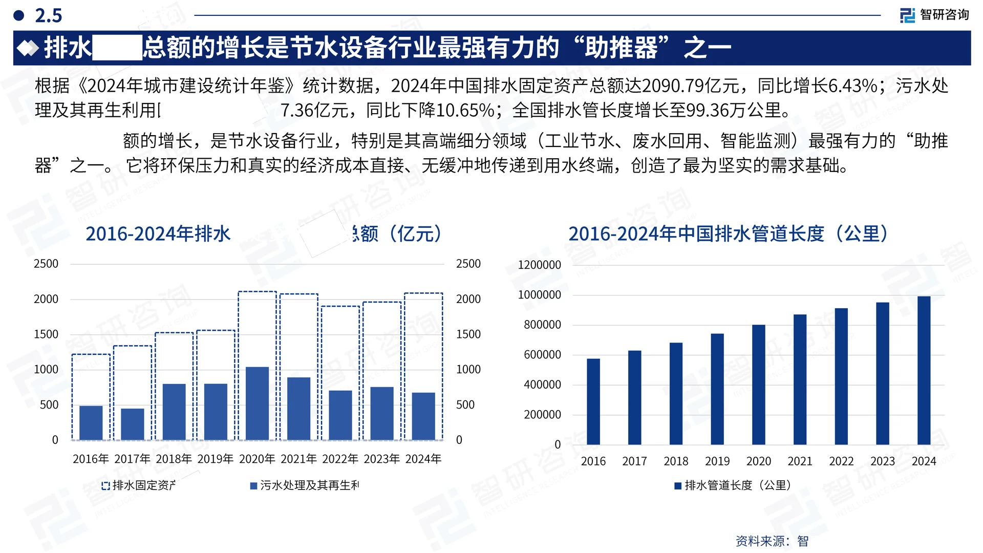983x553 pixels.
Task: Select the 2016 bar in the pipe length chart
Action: (x=593, y=401)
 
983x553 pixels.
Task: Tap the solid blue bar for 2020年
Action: (x=257, y=403)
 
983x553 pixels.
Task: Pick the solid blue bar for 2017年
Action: (x=133, y=424)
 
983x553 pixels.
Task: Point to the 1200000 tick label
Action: (x=540, y=265)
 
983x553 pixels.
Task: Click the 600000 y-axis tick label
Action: (x=542, y=354)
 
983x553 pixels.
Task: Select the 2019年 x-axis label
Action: (x=215, y=459)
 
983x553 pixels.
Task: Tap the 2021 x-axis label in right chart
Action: (x=800, y=461)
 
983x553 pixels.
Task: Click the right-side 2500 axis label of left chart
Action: (x=468, y=264)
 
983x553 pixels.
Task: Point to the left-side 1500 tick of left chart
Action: (x=46, y=334)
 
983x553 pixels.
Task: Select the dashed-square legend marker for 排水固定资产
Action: (x=105, y=486)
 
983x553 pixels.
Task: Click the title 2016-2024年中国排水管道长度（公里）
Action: (x=728, y=234)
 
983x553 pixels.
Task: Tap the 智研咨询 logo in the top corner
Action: (x=934, y=15)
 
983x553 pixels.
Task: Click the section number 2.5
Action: (x=48, y=15)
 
